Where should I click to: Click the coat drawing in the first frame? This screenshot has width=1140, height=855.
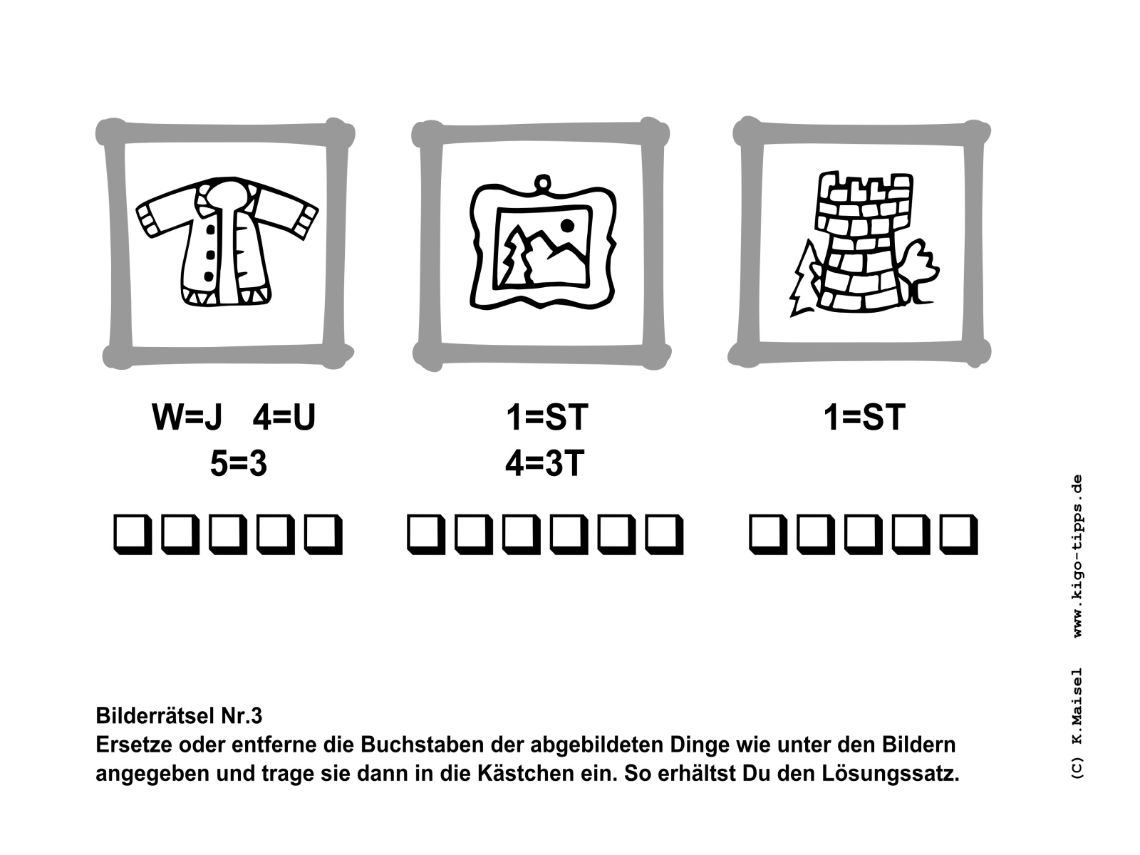point(227,242)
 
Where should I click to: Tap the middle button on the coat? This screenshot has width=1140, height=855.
point(210,254)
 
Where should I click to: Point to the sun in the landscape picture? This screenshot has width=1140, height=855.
point(567,225)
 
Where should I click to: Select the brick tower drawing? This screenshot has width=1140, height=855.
point(863,242)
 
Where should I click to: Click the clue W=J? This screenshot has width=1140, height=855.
point(187,417)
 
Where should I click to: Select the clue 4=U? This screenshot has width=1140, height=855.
point(284,417)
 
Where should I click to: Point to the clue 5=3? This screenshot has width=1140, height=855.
point(239,463)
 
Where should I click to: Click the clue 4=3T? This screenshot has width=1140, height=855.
point(545,463)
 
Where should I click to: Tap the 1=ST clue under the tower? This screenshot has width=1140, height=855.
point(865,417)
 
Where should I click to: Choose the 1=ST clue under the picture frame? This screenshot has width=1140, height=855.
point(547,417)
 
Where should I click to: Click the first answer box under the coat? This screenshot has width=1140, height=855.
point(133,534)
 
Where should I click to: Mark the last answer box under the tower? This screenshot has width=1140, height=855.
point(959,534)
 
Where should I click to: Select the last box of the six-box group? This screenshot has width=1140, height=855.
point(664,534)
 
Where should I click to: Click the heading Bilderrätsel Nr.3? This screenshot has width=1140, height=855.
point(179,716)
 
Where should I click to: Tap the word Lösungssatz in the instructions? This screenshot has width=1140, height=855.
point(890,774)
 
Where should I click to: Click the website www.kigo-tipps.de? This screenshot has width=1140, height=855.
point(1077,556)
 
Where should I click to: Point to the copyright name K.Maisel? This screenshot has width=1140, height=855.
point(1077,707)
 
